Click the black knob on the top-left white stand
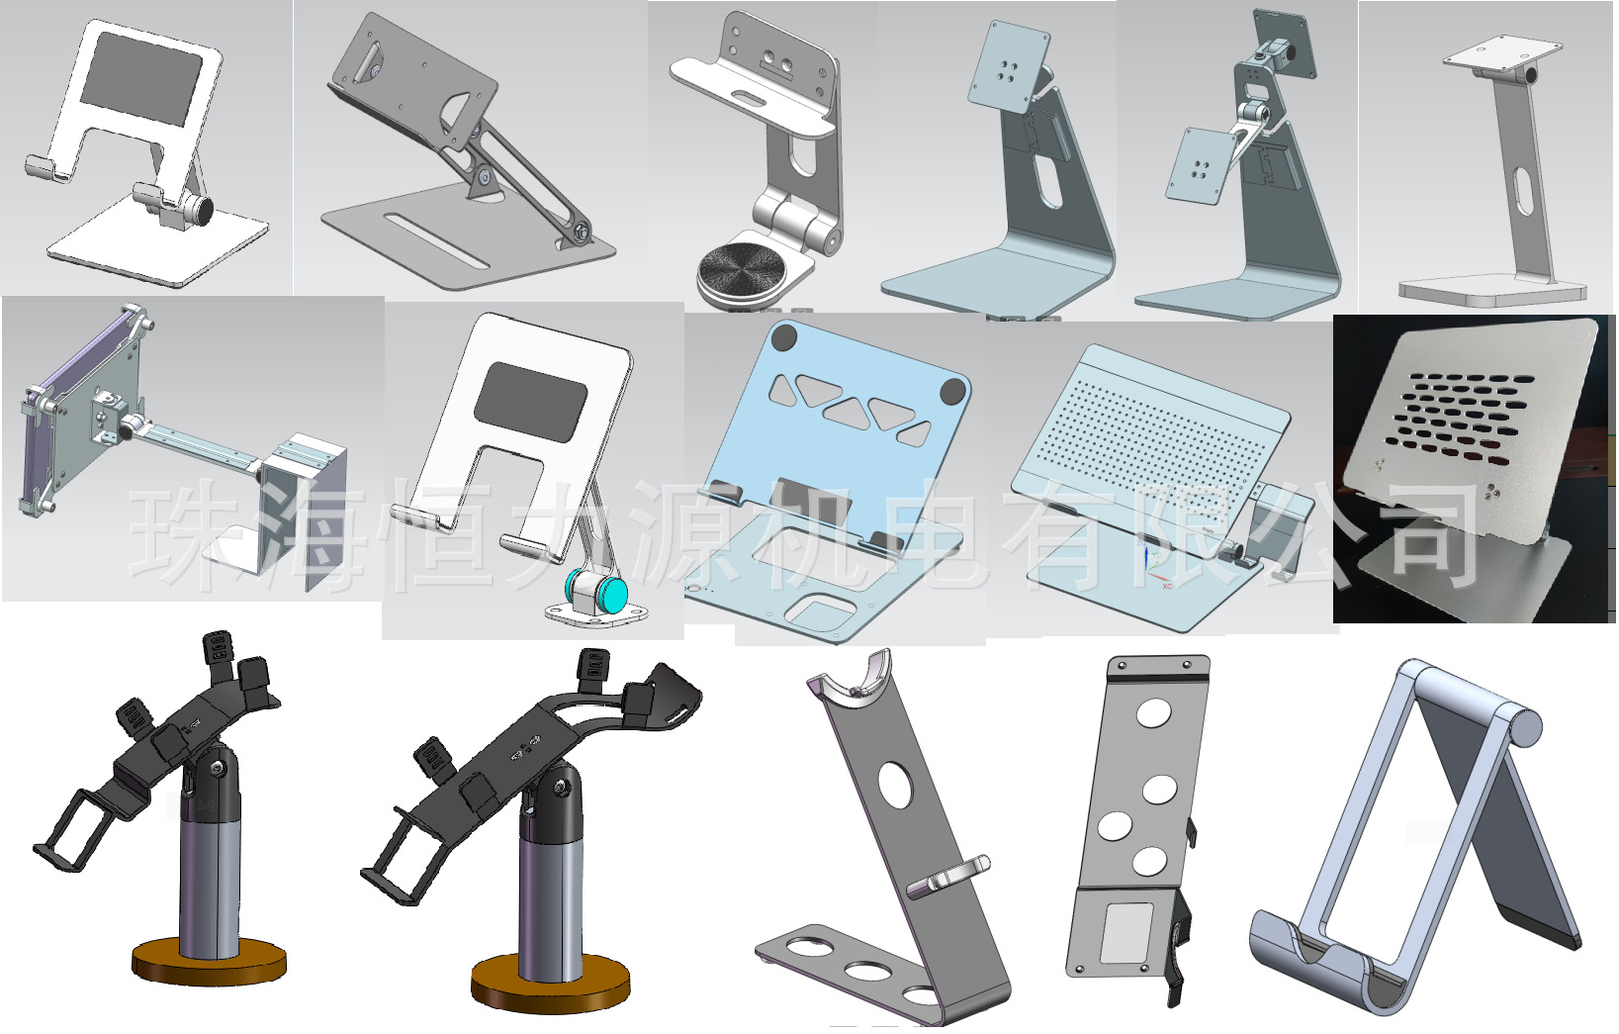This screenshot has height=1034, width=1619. (x=203, y=210)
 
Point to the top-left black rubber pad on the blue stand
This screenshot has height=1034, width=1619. (x=783, y=337)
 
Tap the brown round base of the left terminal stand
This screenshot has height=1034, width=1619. (x=209, y=962)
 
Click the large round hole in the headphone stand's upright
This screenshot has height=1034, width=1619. (x=895, y=786)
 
